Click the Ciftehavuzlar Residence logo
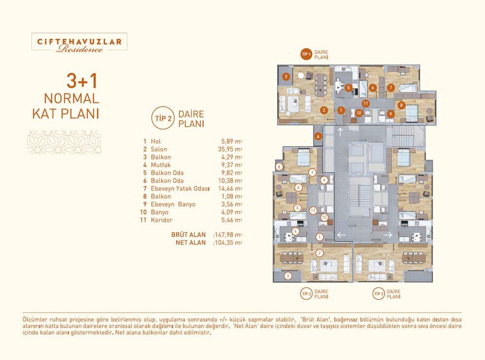pyautogui.click(x=79, y=42)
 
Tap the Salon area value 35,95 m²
pyautogui.click(x=230, y=149)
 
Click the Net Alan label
pyautogui.click(x=191, y=243)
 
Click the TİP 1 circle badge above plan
pyautogui.click(x=306, y=54)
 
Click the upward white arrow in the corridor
pyautogui.click(x=340, y=132)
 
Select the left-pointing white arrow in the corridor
pyautogui.click(x=341, y=235)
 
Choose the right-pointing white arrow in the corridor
pyautogui.click(x=388, y=235)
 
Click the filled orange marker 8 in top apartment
pyautogui.click(x=401, y=105)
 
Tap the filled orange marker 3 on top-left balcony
pyautogui.click(x=286, y=77)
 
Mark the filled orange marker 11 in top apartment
pyautogui.click(x=366, y=103)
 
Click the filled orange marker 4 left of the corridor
pyautogui.click(x=318, y=136)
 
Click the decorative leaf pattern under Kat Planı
pyautogui.click(x=64, y=142)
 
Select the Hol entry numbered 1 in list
pyautogui.click(x=152, y=142)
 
